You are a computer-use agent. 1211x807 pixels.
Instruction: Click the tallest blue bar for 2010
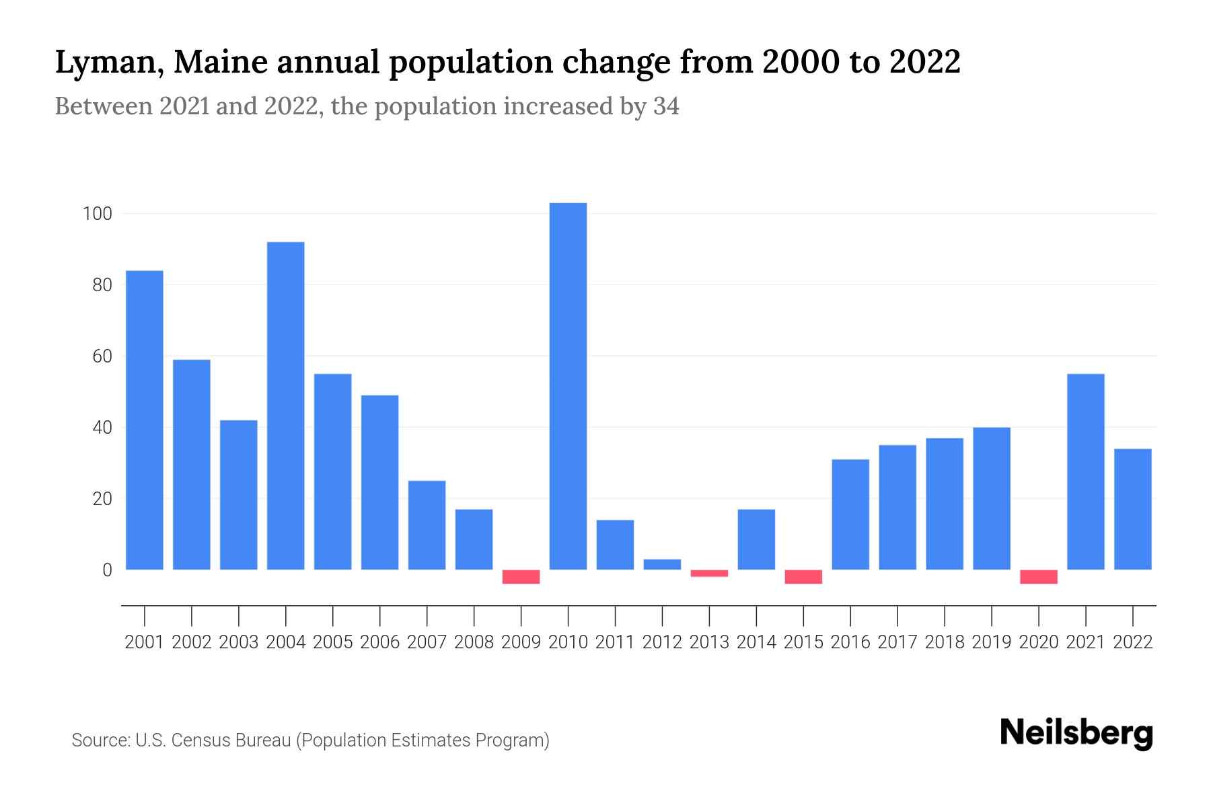pyautogui.click(x=568, y=386)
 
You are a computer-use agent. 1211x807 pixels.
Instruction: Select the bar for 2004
pyautogui.click(x=285, y=406)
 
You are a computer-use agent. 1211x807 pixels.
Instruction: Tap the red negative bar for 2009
pyautogui.click(x=521, y=577)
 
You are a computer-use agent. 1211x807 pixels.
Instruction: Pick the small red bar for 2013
pyautogui.click(x=709, y=574)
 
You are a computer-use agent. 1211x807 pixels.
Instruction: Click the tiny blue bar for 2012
pyautogui.click(x=662, y=565)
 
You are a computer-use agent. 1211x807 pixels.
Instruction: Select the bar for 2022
pyautogui.click(x=1133, y=509)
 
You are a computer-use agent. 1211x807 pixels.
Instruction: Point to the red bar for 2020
pyautogui.click(x=1039, y=577)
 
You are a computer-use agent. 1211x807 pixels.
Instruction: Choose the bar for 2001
pyautogui.click(x=145, y=420)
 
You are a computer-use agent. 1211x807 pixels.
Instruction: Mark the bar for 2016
pyautogui.click(x=850, y=514)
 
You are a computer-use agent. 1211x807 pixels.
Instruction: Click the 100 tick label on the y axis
pyautogui.click(x=96, y=214)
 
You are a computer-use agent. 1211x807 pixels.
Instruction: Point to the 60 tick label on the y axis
pyautogui.click(x=102, y=356)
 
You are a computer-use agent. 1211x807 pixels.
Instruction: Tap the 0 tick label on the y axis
pyautogui.click(x=106, y=570)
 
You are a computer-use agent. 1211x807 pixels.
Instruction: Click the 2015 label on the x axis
pyautogui.click(x=803, y=642)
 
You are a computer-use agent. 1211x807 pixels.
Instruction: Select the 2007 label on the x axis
pyautogui.click(x=427, y=642)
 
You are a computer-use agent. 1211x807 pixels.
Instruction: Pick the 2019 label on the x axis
pyautogui.click(x=992, y=642)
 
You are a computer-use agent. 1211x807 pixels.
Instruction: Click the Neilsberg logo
pyautogui.click(x=1076, y=734)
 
